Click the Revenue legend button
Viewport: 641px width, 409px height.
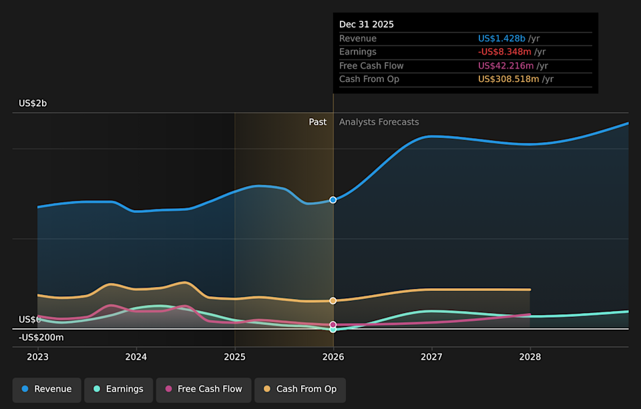47,389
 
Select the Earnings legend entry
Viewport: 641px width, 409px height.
118,389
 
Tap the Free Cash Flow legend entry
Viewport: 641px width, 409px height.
204,389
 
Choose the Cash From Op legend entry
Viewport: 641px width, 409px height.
300,389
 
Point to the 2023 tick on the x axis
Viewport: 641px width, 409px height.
38,357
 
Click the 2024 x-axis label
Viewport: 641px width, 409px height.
136,357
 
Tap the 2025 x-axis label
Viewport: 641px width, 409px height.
234,357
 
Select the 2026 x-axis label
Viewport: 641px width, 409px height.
333,357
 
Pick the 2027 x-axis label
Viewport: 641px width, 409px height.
431,357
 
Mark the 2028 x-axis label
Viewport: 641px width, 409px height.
530,357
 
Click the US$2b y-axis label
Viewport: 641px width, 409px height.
33,103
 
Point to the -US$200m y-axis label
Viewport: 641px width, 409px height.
41,338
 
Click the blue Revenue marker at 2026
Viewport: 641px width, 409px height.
333,200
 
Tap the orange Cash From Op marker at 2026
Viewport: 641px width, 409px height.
333,301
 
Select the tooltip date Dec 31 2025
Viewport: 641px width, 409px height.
367,25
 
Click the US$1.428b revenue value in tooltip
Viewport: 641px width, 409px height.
501,39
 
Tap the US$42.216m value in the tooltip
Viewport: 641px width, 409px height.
505,65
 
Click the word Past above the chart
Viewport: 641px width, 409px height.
318,122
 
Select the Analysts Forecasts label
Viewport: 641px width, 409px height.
379,122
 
